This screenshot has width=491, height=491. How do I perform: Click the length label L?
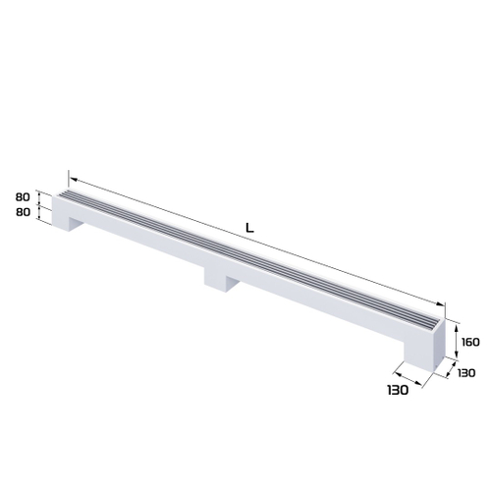(x=249, y=228)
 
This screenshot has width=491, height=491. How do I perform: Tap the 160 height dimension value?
(x=469, y=342)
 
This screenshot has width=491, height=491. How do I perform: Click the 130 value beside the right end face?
(x=465, y=374)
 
